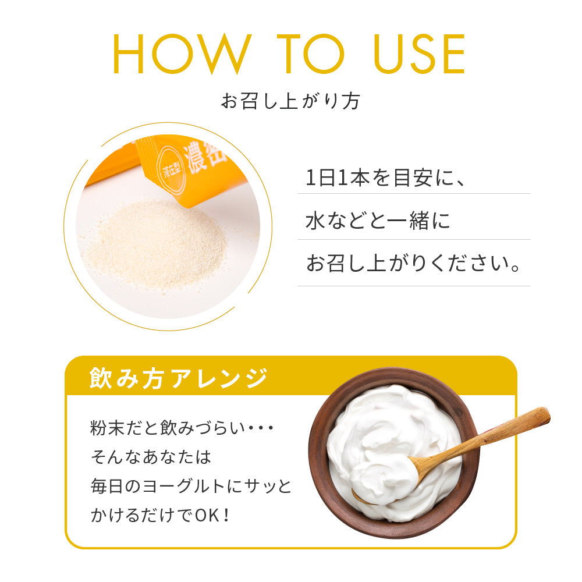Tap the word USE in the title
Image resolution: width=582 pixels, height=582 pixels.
click(x=420, y=54)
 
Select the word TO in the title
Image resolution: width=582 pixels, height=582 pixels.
click(x=310, y=54)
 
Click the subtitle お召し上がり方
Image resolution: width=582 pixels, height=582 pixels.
click(x=290, y=101)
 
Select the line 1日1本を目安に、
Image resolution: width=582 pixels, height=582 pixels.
click(x=385, y=178)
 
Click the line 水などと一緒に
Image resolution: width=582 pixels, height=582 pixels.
click(x=378, y=221)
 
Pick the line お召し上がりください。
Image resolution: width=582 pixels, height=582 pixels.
click(x=413, y=263)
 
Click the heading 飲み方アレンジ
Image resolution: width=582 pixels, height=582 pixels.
click(x=178, y=378)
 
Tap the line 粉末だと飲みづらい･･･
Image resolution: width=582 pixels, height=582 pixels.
click(x=182, y=428)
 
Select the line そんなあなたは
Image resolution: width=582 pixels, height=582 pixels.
click(x=151, y=457)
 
